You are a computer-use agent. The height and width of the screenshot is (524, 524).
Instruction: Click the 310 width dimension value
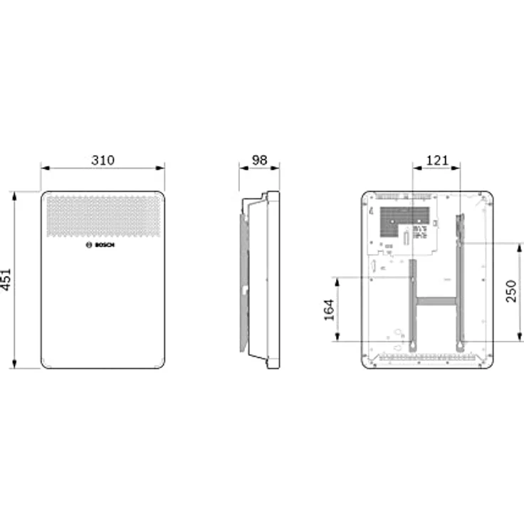pyautogui.click(x=103, y=160)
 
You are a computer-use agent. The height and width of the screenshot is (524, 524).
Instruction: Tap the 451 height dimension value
pyautogui.click(x=6, y=279)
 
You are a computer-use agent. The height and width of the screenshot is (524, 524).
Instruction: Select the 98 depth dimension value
pyautogui.click(x=259, y=160)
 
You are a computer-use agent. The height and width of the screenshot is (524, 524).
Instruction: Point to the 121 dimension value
pyautogui.click(x=436, y=160)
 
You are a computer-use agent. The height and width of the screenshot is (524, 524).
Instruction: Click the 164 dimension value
pyautogui.click(x=330, y=310)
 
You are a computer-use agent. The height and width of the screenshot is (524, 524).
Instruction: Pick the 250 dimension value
pyautogui.click(x=511, y=291)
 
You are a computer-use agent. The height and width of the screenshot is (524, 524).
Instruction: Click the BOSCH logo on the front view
pyautogui.click(x=100, y=245)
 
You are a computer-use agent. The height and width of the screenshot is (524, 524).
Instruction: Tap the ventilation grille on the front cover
pyautogui.click(x=104, y=216)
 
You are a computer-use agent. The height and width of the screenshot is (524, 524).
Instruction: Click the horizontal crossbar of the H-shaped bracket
pyautogui.click(x=436, y=301)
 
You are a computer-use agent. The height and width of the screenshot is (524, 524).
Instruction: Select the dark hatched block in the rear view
pyautogui.click(x=404, y=218)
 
